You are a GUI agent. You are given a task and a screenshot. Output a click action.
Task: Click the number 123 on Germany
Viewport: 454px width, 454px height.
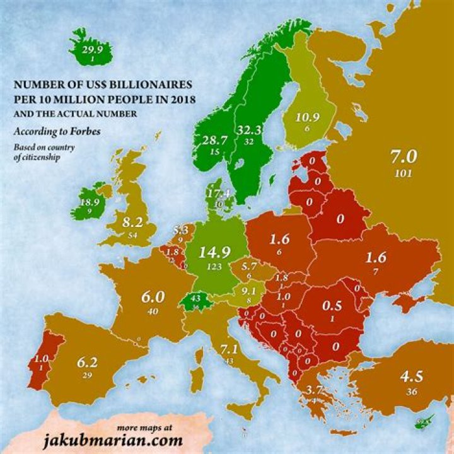216,268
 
